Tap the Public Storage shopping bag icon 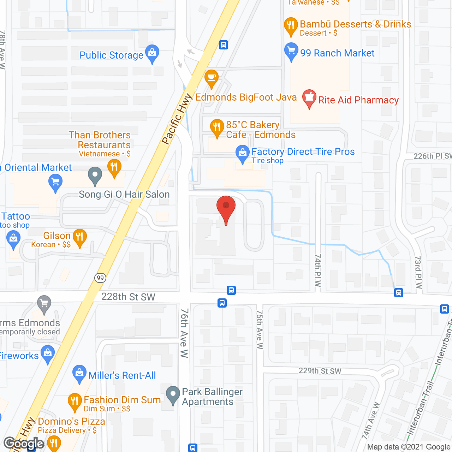pos(152,53)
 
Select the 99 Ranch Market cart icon pos(291,51)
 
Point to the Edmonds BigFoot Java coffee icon pos(211,78)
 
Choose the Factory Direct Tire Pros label pos(303,152)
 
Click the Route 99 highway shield pos(100,278)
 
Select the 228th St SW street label pos(128,297)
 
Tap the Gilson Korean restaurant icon pos(79,237)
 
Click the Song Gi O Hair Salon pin pos(95,175)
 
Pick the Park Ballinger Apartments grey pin pos(173,394)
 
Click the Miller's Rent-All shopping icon pos(79,373)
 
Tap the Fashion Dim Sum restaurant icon pos(75,402)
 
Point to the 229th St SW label pos(320,371)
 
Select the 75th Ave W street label pos(260,329)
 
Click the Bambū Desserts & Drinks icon pos(291,26)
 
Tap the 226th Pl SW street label pos(432,156)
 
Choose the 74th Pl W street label pos(318,270)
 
